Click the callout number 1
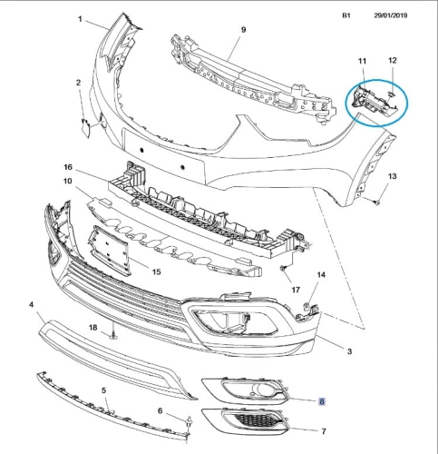[x=80, y=19]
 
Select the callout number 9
[x=243, y=30]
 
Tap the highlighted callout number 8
[x=322, y=401]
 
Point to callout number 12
[x=392, y=61]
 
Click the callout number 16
[x=68, y=167]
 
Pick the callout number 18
[x=93, y=327]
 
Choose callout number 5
[x=103, y=390]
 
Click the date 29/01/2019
[x=391, y=15]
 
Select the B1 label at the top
[x=346, y=15]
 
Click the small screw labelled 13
[x=376, y=202]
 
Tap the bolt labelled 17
[x=282, y=268]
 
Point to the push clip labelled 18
[x=113, y=335]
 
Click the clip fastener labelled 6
[x=190, y=420]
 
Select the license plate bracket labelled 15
[x=110, y=250]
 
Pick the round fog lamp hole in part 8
[x=259, y=389]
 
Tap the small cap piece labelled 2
[x=85, y=128]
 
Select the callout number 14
[x=321, y=275]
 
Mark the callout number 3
[x=349, y=351]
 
